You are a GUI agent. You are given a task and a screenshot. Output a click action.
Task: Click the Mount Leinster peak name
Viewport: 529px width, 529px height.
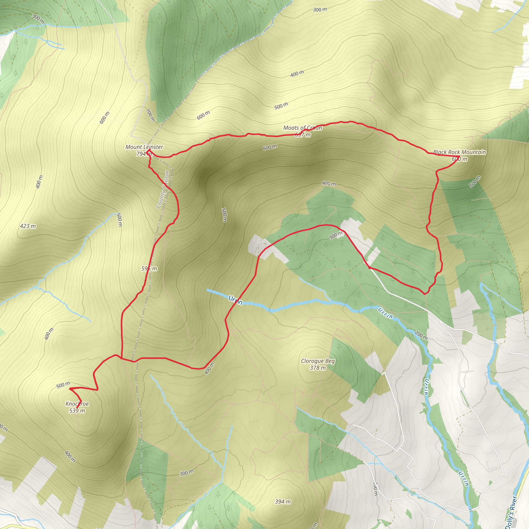pyautogui.click(x=144, y=147)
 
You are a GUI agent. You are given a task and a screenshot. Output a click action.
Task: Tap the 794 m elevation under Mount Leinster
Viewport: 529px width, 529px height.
pyautogui.click(x=144, y=154)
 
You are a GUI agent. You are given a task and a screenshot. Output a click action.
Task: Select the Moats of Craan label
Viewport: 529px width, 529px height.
pyautogui.click(x=302, y=128)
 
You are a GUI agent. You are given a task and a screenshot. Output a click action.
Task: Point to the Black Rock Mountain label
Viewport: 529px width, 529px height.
pyautogui.click(x=460, y=152)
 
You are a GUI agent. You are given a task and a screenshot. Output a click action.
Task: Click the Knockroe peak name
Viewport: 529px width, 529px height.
pyautogui.click(x=77, y=404)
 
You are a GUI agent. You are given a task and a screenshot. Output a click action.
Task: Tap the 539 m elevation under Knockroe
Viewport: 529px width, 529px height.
pyautogui.click(x=77, y=410)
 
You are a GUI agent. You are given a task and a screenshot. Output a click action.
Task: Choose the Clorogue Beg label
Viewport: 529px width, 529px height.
pyautogui.click(x=318, y=361)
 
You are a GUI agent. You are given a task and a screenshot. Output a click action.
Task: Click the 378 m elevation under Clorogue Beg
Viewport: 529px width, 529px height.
pyautogui.click(x=318, y=368)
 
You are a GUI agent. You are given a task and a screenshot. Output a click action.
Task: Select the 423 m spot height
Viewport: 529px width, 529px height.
pyautogui.click(x=28, y=226)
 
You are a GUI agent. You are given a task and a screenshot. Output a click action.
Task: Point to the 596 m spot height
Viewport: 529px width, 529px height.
pyautogui.click(x=149, y=268)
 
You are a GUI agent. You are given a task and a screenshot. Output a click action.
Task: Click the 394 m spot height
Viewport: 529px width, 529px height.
pyautogui.click(x=283, y=502)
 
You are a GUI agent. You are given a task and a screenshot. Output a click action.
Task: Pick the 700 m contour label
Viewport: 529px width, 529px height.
pyautogui.click(x=150, y=115)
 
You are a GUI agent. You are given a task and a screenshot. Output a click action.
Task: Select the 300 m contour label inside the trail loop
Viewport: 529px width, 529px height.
pyautogui.click(x=336, y=235)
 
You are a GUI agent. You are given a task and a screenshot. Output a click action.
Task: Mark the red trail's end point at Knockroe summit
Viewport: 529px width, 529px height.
pyautogui.click(x=77, y=408)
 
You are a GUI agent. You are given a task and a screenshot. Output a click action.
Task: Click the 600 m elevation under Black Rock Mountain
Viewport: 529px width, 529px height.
pyautogui.click(x=460, y=159)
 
